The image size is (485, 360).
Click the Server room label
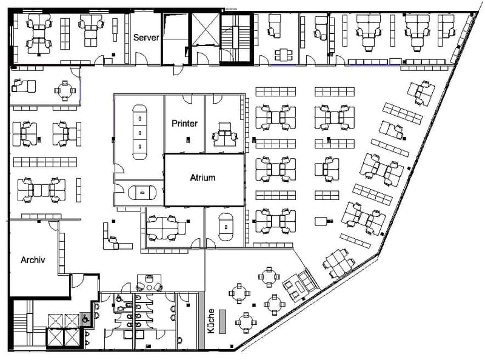point(146,38)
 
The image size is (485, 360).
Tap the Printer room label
point(184,124)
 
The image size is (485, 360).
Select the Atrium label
point(202,178)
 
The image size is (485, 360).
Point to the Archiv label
point(33,260)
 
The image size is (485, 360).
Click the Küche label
point(211,321)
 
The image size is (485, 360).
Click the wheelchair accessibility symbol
point(85,319)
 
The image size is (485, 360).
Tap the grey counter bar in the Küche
point(222,321)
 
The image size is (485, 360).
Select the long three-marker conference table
point(140,132)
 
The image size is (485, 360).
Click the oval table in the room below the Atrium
point(226,227)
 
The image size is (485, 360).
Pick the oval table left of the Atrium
point(142,192)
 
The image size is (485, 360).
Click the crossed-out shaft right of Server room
point(206,29)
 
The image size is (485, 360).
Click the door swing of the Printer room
point(187,99)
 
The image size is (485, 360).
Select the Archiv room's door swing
point(54,225)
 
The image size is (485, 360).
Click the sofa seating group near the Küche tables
point(300,284)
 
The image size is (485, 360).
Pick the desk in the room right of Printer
point(225,135)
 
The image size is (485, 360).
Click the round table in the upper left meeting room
point(65,91)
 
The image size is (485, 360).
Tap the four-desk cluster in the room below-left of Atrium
point(166,228)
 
